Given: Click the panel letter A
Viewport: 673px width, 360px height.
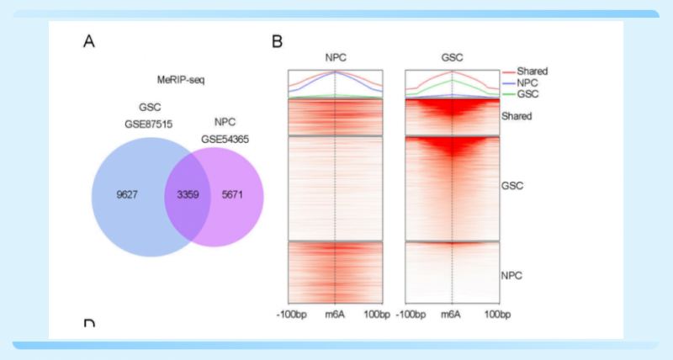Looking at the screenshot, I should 88,40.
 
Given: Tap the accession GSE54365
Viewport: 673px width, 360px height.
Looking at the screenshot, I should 223,138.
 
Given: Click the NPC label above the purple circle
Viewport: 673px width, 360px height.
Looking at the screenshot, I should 223,123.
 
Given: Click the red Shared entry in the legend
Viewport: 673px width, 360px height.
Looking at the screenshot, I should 533,71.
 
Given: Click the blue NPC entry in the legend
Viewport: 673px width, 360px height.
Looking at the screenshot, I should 528,83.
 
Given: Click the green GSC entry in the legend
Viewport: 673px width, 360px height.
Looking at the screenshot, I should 528,95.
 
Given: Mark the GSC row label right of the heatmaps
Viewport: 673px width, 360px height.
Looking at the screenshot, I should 512,185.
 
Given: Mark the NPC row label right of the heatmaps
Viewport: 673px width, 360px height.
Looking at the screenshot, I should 512,275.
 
